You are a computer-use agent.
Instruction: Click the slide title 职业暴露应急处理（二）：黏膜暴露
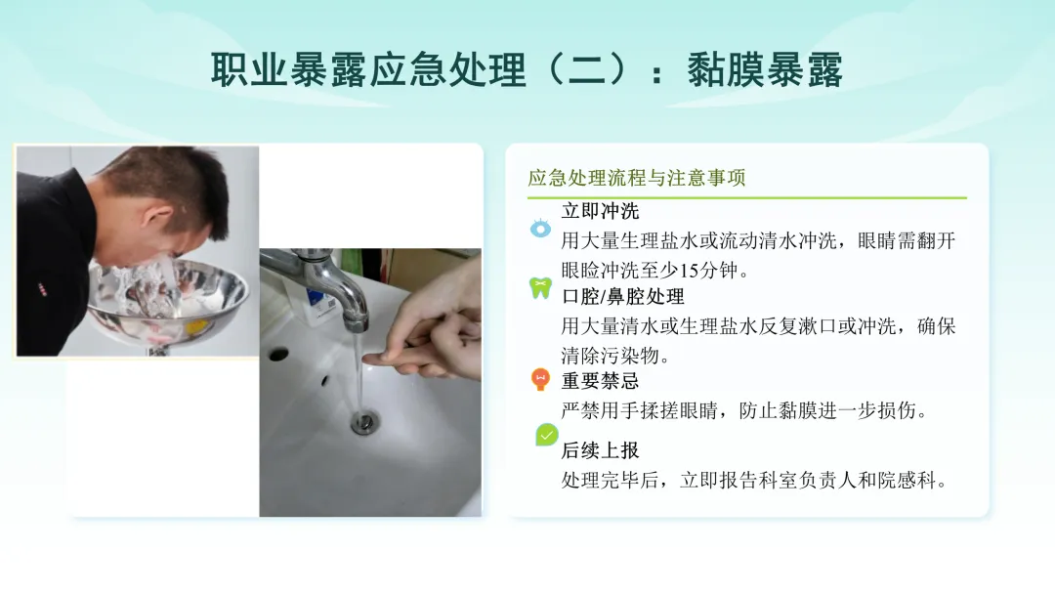[x=527, y=70]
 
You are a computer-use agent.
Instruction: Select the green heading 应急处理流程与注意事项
[x=637, y=178]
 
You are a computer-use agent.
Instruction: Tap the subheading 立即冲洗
[x=600, y=211]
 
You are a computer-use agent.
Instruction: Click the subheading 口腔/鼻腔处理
[x=623, y=297]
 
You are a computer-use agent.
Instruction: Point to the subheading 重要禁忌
[x=600, y=381]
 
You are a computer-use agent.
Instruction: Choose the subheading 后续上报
[x=600, y=450]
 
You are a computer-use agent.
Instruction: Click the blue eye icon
[x=540, y=229]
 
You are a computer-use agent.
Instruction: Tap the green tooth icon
[x=540, y=288]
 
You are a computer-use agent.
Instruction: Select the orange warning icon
[x=540, y=379]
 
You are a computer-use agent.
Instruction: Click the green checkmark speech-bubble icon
[x=547, y=435]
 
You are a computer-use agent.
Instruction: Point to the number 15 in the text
[x=690, y=271]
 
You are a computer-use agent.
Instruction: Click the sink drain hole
[x=364, y=423]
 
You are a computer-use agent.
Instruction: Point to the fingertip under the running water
[x=368, y=360]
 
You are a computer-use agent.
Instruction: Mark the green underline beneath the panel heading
[x=747, y=197]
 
